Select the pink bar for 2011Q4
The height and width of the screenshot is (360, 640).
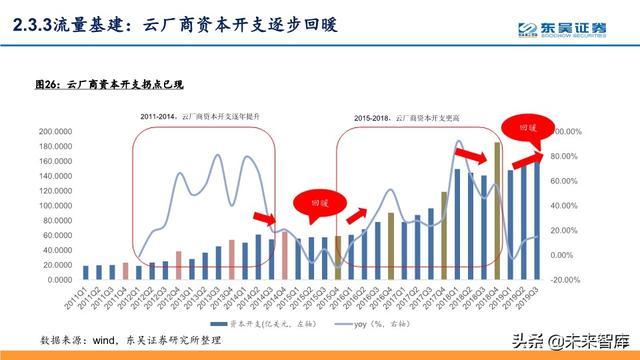(x=125, y=270)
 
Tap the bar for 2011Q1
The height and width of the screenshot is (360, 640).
(x=86, y=271)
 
